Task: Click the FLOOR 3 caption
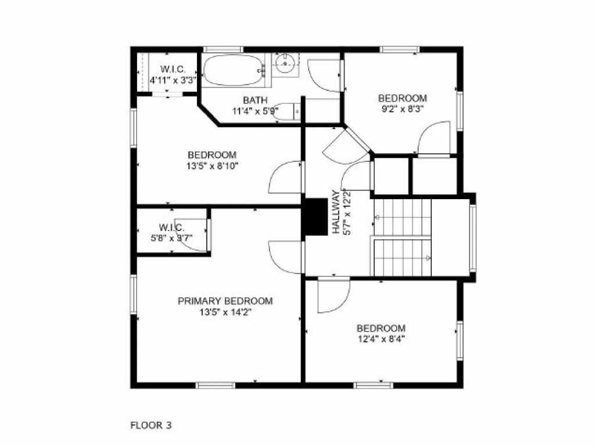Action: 151,425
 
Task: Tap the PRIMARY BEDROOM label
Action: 225,301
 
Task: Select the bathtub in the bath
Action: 233,70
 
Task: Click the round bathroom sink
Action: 285,64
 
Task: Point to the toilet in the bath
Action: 287,111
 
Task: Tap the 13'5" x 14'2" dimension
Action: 225,312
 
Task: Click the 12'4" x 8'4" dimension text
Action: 381,339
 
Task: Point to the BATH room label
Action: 255,100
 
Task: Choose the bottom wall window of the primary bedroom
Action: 216,386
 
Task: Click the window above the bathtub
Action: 223,49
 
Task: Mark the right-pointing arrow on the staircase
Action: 428,258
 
